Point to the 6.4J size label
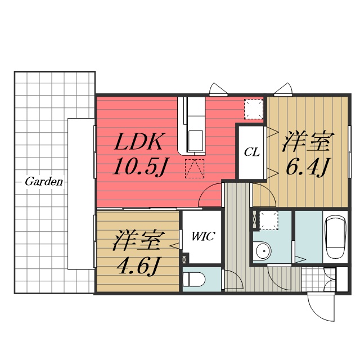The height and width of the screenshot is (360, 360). tap(307, 166)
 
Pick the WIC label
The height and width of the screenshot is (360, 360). tap(202, 237)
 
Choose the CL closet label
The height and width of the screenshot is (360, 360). tap(251, 152)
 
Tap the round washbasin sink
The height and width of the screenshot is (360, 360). tap(260, 251)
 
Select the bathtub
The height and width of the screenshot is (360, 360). tap(337, 236)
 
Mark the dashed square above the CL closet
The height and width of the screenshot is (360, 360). tap(254, 109)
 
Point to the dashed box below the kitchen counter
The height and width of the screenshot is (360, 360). tap(195, 168)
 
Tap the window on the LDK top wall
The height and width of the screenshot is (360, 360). tap(218, 89)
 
